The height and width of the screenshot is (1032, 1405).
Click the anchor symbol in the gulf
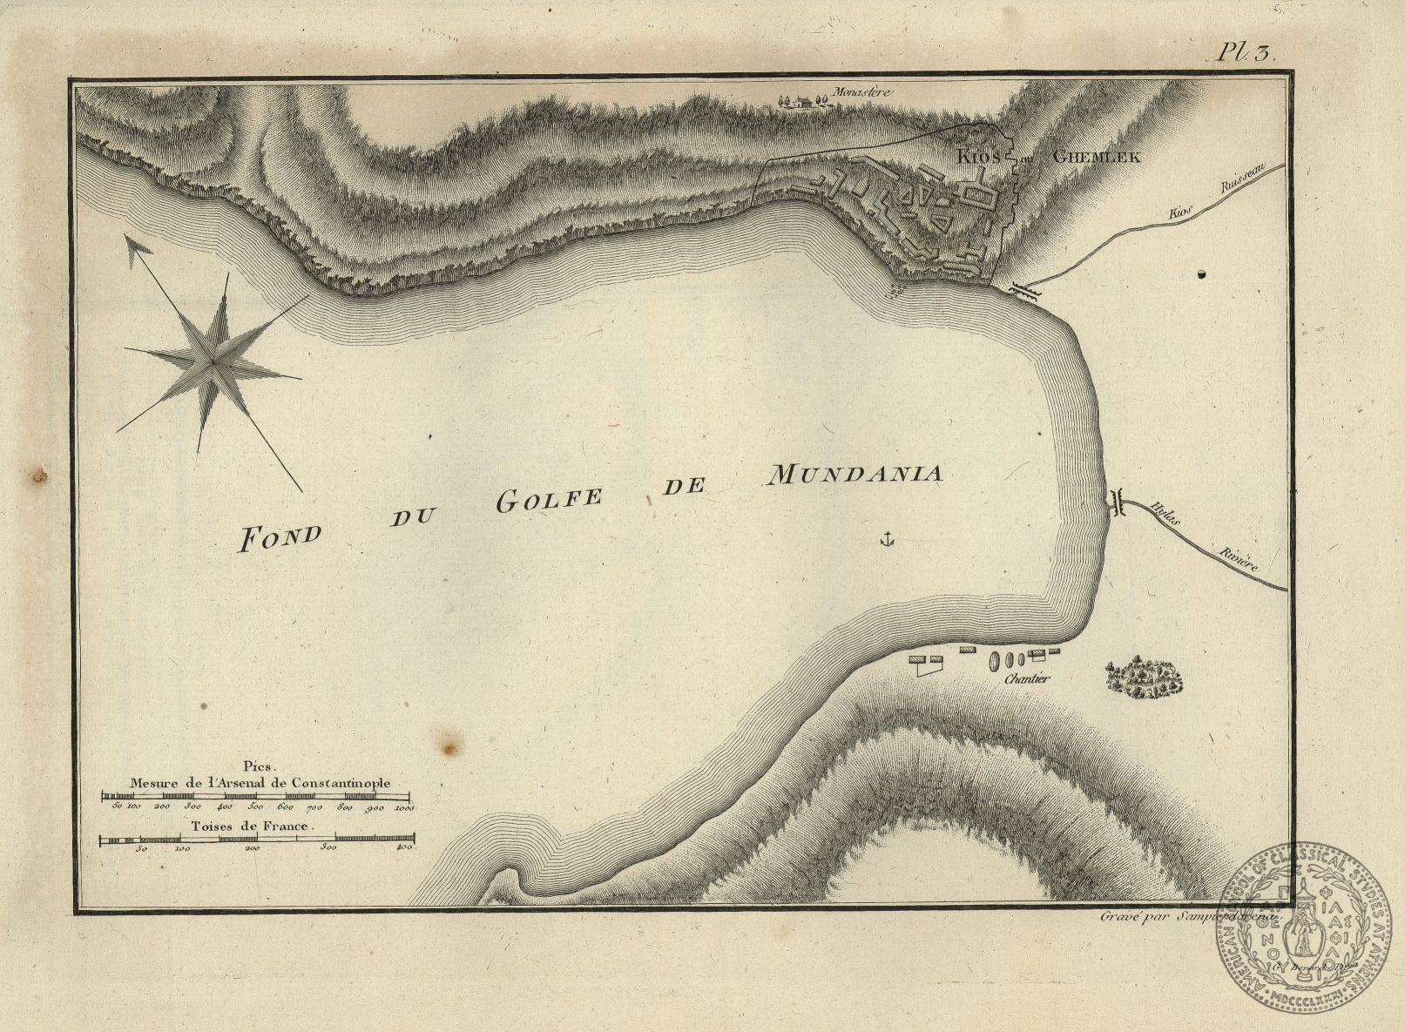point(887,539)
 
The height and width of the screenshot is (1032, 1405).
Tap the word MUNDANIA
point(854,475)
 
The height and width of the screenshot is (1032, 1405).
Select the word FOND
point(280,536)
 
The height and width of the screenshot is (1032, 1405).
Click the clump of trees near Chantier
point(1145,678)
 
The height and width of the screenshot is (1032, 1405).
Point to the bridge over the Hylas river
point(1117,503)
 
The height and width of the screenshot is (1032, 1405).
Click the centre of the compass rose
point(212,356)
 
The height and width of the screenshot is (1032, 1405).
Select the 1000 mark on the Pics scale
point(403,808)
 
